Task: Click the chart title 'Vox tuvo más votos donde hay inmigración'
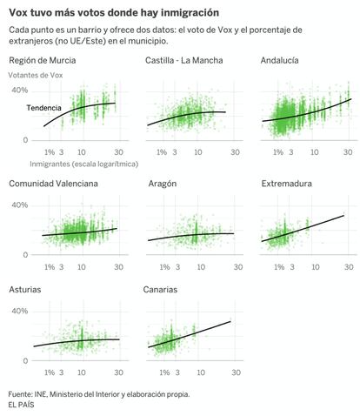click(x=114, y=12)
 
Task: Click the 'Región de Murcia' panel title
click(x=43, y=60)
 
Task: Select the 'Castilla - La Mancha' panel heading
click(x=184, y=60)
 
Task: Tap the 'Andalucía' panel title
click(x=279, y=60)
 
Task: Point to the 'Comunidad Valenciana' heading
click(x=53, y=184)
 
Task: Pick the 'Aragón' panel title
click(x=163, y=184)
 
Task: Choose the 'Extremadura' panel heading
click(x=287, y=184)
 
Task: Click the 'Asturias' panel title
click(x=25, y=290)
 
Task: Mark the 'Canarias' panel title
click(x=160, y=290)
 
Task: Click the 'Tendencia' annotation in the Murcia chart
click(x=44, y=108)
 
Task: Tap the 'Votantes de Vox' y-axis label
click(x=36, y=75)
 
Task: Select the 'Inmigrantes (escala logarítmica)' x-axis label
click(x=84, y=164)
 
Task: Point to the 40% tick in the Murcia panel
click(x=20, y=91)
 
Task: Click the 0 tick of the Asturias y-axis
click(x=25, y=361)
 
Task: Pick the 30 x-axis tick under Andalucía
click(x=348, y=152)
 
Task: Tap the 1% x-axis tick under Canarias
click(x=164, y=372)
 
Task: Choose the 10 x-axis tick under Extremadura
click(x=315, y=267)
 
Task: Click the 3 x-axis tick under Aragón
click(x=177, y=267)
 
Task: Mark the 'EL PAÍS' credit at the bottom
click(x=21, y=405)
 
